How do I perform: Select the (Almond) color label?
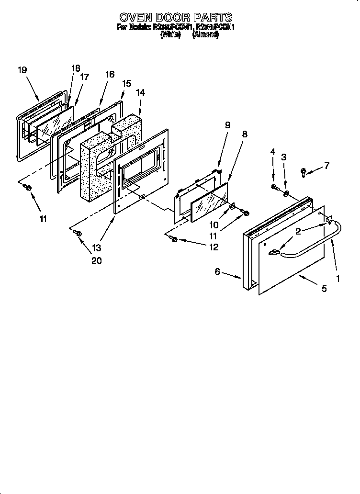point(205,35)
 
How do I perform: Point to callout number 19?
point(22,70)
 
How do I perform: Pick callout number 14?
point(141,92)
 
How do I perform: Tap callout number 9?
point(227,125)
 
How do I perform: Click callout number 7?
point(327,166)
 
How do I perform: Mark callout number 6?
point(217,272)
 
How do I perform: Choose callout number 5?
point(324,289)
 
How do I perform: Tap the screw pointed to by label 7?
point(304,171)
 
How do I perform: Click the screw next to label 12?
point(174,238)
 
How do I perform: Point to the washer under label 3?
point(286,194)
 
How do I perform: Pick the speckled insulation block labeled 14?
point(96,168)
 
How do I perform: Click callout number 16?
point(110,74)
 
